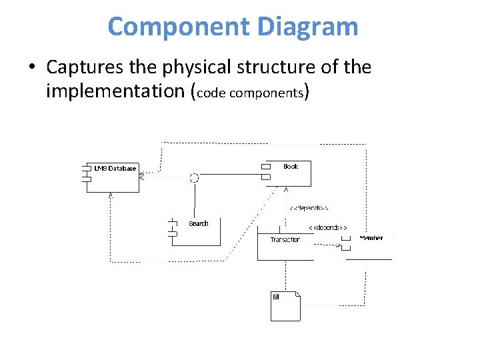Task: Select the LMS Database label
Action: tap(115, 169)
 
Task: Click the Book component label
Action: tap(291, 167)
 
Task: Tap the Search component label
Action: tap(198, 224)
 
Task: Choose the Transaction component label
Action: tap(285, 240)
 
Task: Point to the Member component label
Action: tap(371, 238)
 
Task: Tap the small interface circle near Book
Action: tap(195, 177)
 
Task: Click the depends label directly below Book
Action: tap(308, 209)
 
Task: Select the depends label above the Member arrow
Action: tap(327, 227)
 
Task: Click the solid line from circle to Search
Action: tap(195, 200)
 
